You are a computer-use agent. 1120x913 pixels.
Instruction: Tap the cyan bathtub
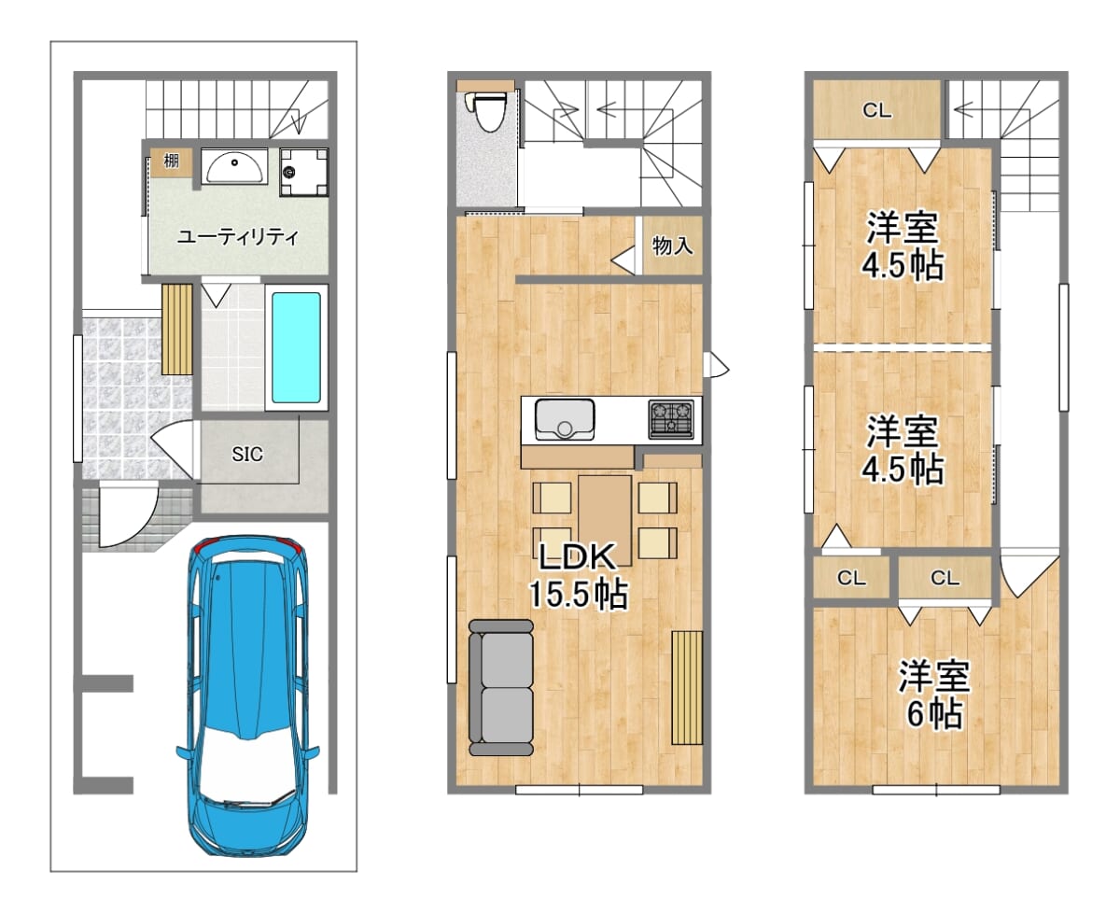[296, 347]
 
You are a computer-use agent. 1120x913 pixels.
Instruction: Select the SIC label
[247, 454]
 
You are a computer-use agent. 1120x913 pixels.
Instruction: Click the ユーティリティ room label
[238, 237]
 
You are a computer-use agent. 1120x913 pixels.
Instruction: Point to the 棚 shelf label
[172, 161]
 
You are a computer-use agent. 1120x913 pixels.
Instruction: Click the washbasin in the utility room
[234, 166]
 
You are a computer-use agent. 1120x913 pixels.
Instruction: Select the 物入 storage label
[673, 246]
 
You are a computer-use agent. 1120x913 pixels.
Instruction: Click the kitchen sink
[565, 419]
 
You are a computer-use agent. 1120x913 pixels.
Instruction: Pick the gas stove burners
[671, 419]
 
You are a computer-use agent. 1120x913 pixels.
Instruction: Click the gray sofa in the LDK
[501, 687]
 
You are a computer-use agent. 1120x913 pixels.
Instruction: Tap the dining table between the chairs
[605, 520]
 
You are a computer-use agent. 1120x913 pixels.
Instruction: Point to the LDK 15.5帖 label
[578, 576]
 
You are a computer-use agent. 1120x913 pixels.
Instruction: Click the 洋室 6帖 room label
[934, 695]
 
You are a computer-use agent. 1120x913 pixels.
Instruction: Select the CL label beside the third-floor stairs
[876, 110]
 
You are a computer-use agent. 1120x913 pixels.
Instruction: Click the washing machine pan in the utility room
[304, 172]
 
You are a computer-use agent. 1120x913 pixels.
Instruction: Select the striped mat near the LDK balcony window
[687, 688]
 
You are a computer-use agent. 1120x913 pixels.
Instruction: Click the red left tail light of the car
[203, 545]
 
